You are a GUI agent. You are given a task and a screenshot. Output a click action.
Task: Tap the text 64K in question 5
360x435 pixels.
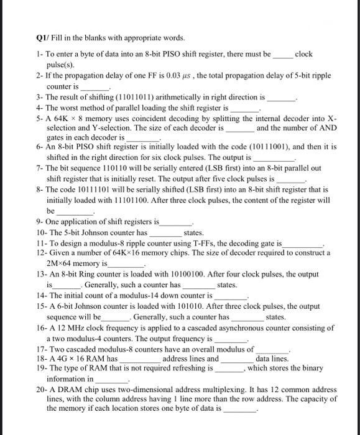pos(63,118)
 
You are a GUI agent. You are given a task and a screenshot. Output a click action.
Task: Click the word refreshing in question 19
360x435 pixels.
pos(183,369)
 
